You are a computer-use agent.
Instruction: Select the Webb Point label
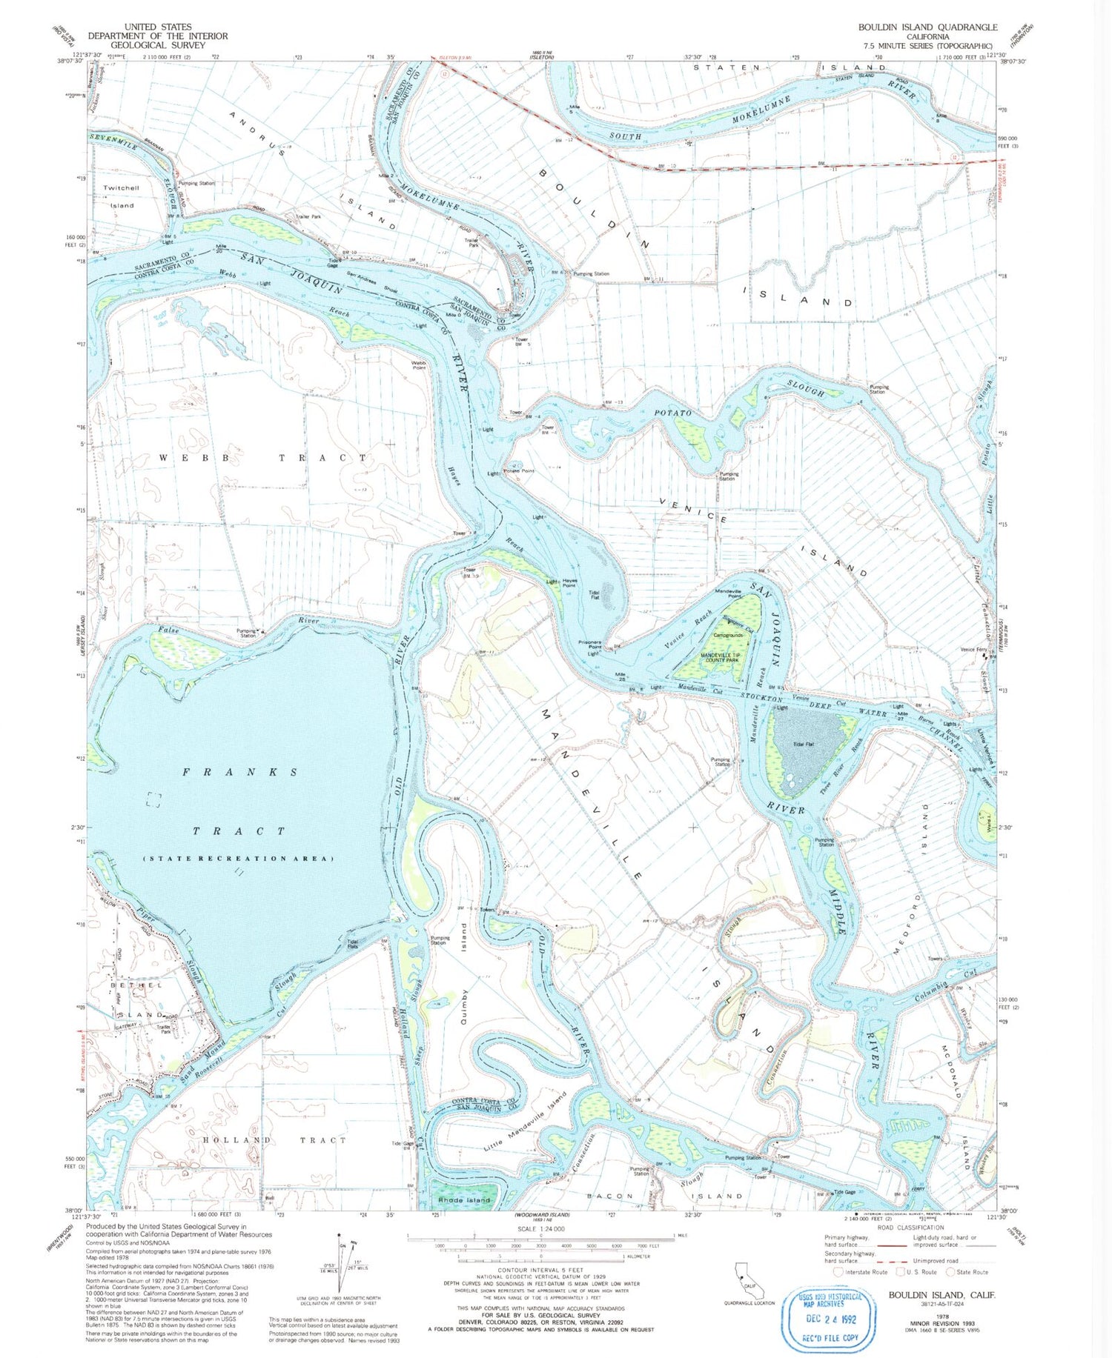419,365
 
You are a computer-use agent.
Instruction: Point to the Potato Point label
519,471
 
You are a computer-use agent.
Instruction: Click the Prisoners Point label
594,643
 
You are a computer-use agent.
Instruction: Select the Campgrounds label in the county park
727,635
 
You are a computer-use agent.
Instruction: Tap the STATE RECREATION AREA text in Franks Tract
238,859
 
